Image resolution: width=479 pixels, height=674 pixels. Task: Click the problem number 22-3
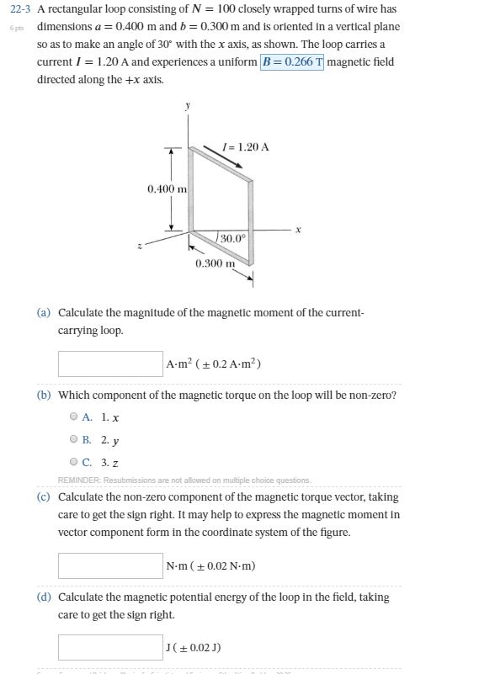(19, 9)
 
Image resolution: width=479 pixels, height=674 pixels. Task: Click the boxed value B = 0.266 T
(291, 61)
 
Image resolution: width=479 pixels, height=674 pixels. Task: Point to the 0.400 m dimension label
(167, 188)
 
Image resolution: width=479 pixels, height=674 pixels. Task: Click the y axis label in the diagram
(188, 106)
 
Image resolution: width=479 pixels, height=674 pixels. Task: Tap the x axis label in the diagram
(298, 228)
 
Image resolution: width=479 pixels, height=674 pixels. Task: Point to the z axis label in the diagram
(140, 246)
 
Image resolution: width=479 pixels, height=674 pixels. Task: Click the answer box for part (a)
(110, 364)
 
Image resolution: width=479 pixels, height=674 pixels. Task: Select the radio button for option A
(74, 417)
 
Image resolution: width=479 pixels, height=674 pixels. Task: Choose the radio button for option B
(74, 439)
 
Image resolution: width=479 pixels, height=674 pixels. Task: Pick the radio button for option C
(74, 462)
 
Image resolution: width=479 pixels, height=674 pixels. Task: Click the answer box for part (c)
(110, 565)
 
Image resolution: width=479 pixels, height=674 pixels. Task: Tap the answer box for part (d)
(110, 646)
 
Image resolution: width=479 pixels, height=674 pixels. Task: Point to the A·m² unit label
(180, 364)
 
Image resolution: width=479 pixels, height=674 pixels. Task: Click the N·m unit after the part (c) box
(178, 565)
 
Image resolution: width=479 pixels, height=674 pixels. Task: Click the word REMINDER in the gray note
(82, 480)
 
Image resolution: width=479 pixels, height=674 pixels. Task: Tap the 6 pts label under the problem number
(16, 28)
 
